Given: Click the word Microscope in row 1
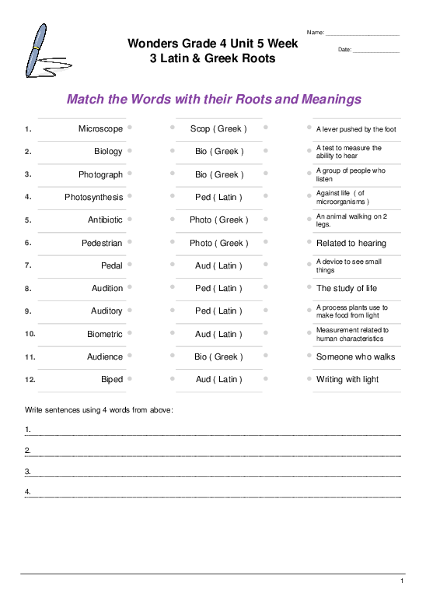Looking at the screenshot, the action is [100, 128].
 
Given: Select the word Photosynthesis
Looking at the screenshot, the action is [93, 197].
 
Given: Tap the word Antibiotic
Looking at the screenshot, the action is [105, 219].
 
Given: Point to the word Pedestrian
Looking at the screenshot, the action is [102, 243].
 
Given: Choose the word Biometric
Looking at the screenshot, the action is [105, 334].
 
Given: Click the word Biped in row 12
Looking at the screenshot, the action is [112, 379].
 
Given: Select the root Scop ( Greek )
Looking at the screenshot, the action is [218, 128].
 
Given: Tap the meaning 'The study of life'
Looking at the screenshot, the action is [347, 288].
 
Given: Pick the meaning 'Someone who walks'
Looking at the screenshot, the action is [355, 356].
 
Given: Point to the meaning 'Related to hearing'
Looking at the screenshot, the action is [351, 243].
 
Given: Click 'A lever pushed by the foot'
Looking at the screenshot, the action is [356, 129].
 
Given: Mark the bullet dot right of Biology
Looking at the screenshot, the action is [130, 150].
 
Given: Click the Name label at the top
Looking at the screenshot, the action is [315, 32].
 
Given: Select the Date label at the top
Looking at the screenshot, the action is [345, 50].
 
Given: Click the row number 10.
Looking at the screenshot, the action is [30, 334].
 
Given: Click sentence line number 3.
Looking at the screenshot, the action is [28, 471].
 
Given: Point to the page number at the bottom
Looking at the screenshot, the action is [402, 581].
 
